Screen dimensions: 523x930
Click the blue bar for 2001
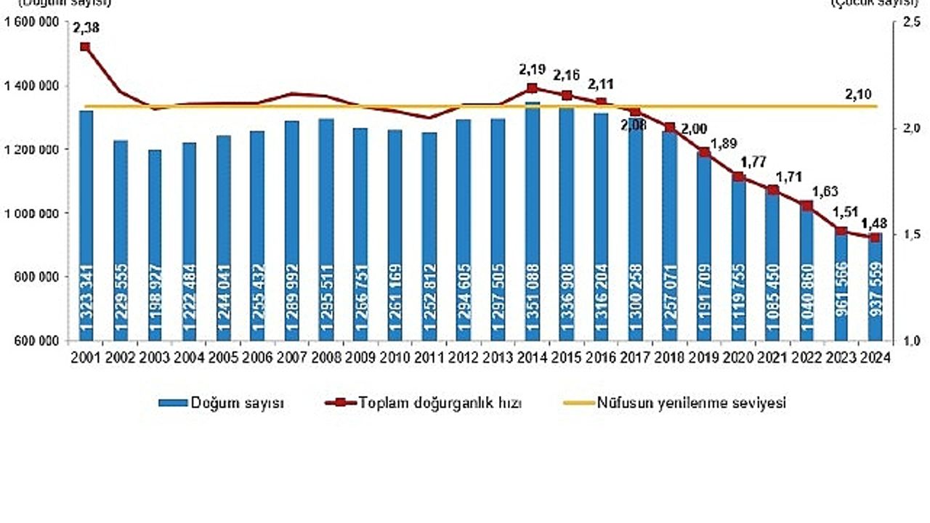86,225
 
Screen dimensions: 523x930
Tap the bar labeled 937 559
875,291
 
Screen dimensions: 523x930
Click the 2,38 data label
85,29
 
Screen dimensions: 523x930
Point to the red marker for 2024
875,238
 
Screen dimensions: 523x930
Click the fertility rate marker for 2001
85,46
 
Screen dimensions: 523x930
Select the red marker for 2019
703,153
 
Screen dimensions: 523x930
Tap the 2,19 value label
532,70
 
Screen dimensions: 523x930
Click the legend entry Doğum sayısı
222,403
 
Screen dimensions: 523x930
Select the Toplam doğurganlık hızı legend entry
429,403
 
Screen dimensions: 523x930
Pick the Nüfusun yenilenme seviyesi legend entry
676,403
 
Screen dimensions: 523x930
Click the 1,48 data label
875,222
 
